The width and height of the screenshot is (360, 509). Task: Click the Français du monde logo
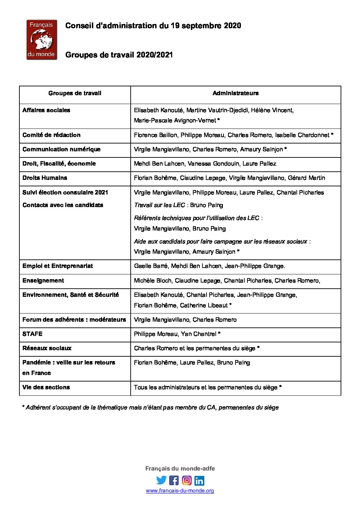[42, 40]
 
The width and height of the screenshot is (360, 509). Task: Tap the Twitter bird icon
[161, 480]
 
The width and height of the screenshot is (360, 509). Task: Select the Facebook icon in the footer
[174, 480]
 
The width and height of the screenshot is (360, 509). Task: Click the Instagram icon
[187, 480]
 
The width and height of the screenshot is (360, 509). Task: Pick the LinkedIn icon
[199, 480]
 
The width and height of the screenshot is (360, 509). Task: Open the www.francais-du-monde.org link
[180, 491]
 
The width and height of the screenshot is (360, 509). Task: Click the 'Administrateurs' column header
[235, 93]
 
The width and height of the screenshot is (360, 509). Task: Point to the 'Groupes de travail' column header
[75, 93]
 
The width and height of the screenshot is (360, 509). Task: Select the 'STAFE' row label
[32, 334]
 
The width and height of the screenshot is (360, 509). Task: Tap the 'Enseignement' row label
[43, 281]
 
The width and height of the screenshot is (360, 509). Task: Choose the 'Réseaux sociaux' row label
[47, 348]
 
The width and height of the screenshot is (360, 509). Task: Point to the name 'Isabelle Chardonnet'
[302, 135]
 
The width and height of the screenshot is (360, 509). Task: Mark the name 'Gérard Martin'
[306, 178]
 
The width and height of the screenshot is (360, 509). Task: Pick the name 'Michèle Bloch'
[153, 281]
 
